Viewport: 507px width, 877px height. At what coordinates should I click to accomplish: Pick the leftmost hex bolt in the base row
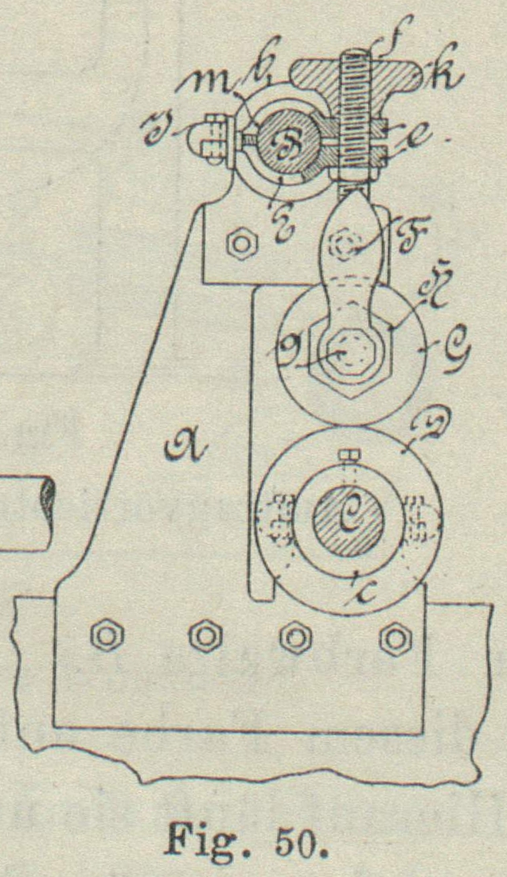(x=104, y=636)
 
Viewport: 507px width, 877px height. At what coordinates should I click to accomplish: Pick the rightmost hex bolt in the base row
(x=395, y=637)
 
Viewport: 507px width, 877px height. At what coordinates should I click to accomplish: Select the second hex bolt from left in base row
(x=205, y=636)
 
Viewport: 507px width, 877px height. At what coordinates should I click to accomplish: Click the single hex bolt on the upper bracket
(x=236, y=243)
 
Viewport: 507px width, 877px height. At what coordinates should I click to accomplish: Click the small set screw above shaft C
(x=347, y=456)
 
